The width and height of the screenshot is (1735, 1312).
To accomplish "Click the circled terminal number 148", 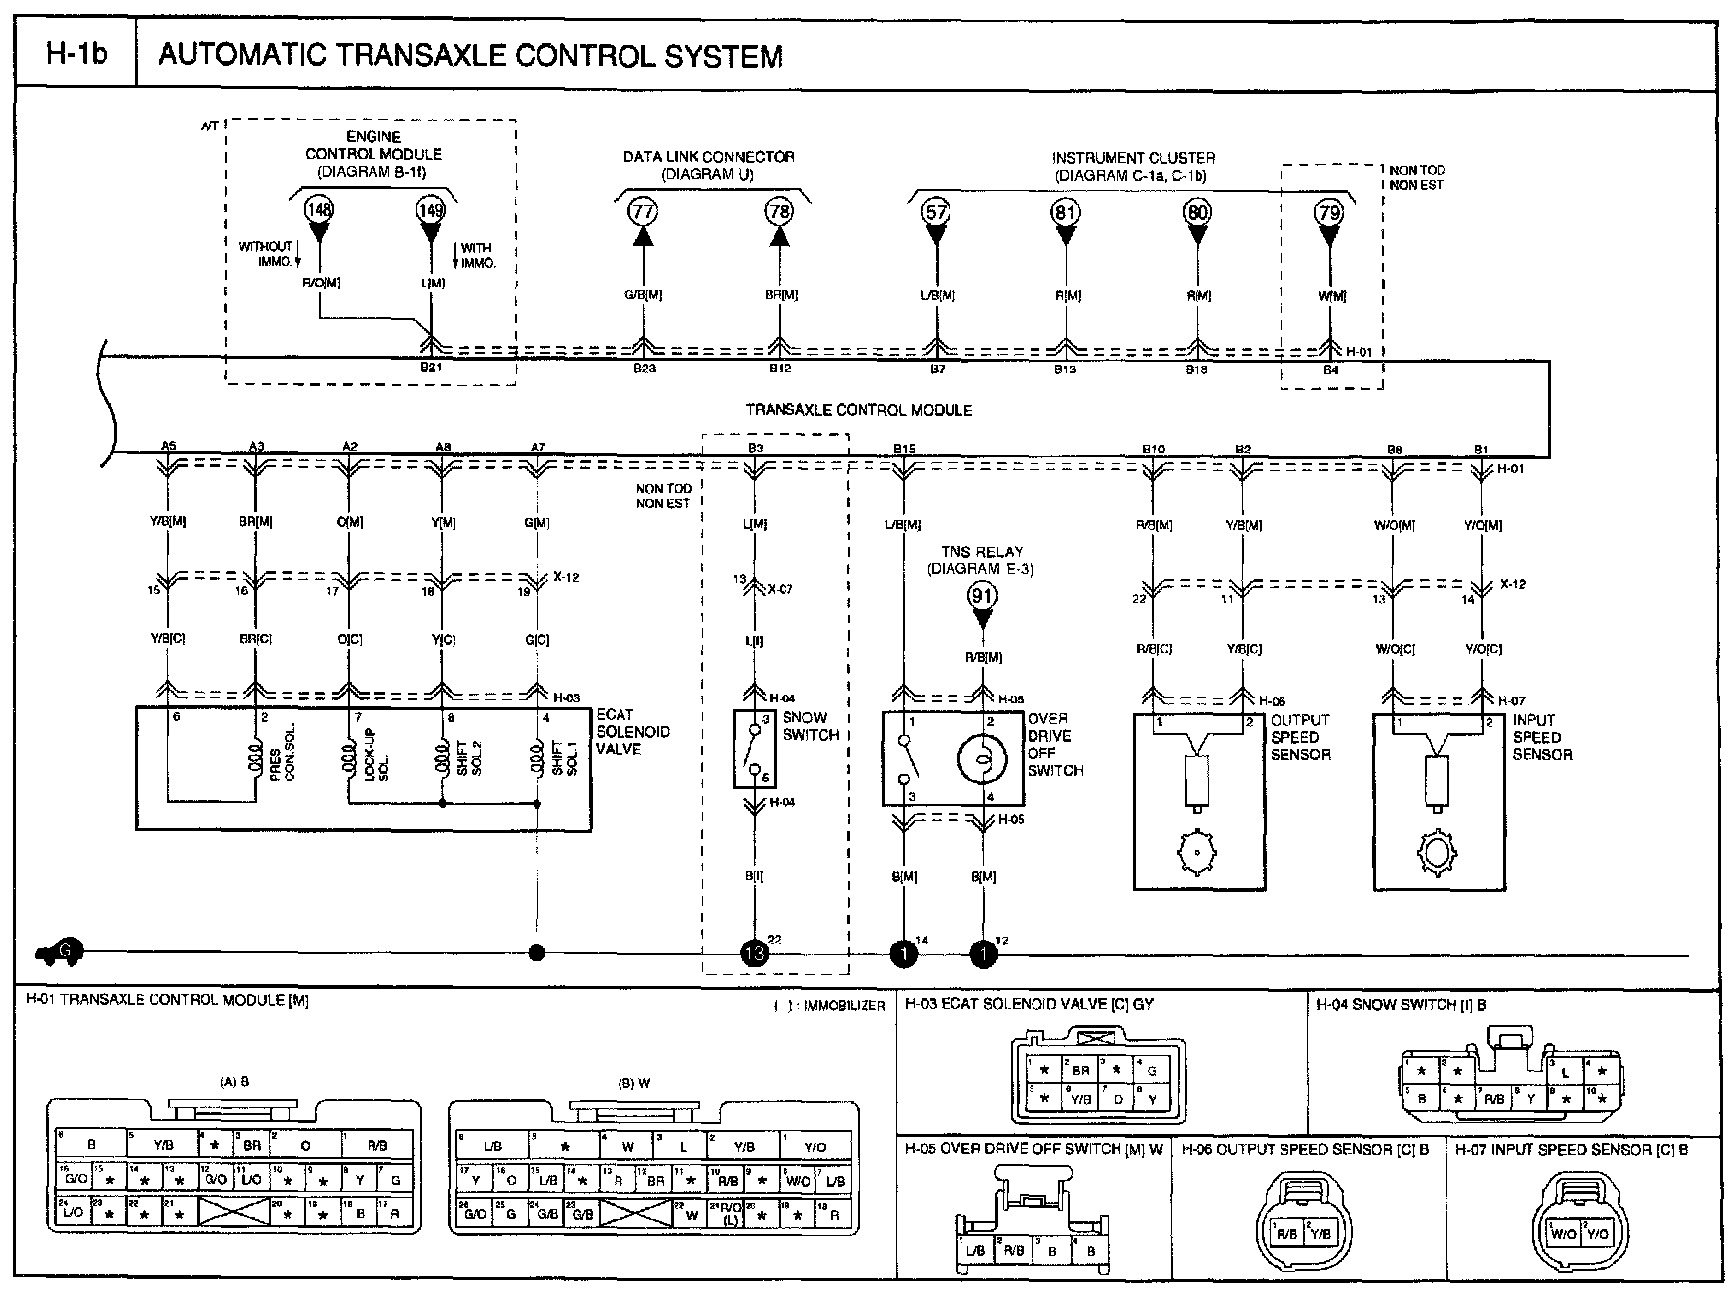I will [319, 209].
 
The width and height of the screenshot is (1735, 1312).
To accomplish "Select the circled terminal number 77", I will [644, 211].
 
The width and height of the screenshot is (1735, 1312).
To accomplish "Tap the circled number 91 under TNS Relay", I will [982, 595].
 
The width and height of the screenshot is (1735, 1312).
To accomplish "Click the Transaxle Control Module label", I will [858, 410].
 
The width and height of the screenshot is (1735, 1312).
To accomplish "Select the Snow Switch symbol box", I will [754, 748].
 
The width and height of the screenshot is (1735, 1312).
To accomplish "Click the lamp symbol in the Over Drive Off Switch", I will [982, 757].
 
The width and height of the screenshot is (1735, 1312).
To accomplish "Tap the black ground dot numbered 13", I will [754, 953].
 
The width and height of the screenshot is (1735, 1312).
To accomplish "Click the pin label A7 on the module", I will [537, 448].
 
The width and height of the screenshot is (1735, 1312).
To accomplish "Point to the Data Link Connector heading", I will [708, 157].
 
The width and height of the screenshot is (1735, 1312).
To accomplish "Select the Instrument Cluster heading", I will [1133, 158].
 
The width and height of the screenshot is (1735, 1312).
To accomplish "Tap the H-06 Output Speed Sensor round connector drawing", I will [1296, 1232].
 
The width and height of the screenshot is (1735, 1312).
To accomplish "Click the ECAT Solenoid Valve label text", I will [632, 732].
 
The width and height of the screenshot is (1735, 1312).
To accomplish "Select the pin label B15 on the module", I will [903, 449].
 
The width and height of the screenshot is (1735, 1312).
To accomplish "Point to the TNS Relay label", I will [982, 552].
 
